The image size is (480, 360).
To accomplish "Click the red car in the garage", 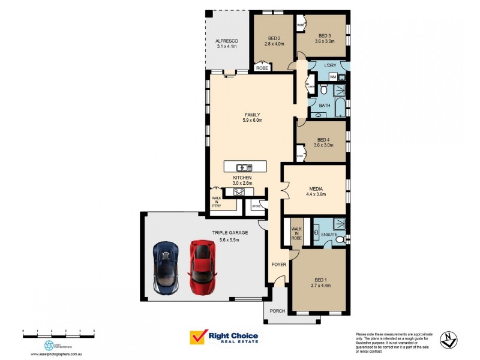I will [x=202, y=267].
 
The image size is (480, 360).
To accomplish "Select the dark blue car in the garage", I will [x=166, y=267].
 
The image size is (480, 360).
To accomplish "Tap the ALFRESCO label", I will [x=227, y=41].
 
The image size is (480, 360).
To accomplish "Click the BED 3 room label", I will [x=325, y=35].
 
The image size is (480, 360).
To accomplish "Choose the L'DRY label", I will [x=330, y=65].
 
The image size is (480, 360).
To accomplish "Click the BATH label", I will [x=325, y=106].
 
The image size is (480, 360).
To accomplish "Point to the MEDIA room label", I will [x=316, y=188].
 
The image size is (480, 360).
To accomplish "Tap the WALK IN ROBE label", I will [x=296, y=233].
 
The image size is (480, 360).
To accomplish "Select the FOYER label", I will [x=279, y=264].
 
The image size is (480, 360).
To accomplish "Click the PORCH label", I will [x=277, y=311].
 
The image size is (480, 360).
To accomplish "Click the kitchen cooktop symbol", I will [x=239, y=192].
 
